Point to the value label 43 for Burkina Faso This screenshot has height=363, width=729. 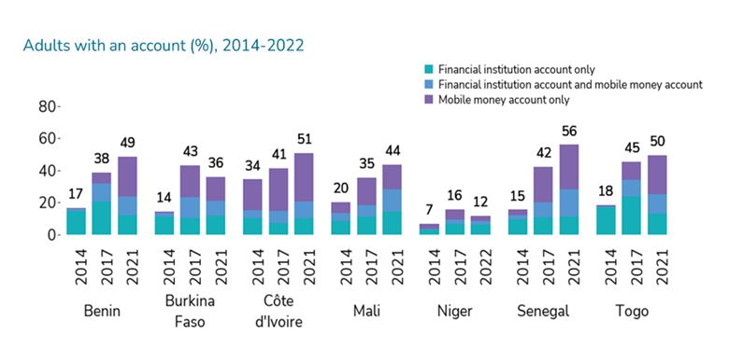pos(191,151)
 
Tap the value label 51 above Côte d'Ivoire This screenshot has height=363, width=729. pos(303,139)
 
